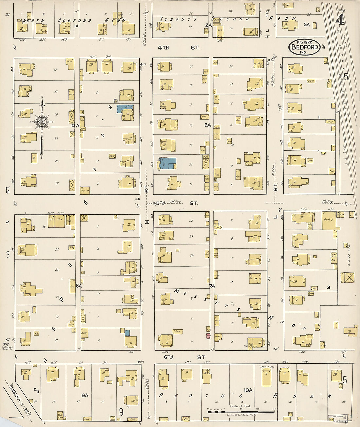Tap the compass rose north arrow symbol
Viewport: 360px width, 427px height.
(x=42, y=123)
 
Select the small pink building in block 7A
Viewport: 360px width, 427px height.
(x=208, y=336)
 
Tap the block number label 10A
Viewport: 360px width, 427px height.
(x=248, y=390)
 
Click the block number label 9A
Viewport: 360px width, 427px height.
(x=85, y=395)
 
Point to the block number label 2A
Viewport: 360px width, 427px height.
(x=208, y=25)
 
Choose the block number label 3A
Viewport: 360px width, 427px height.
(x=306, y=24)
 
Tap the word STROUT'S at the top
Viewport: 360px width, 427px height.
(x=178, y=19)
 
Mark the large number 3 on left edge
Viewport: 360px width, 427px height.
(x=8, y=255)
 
